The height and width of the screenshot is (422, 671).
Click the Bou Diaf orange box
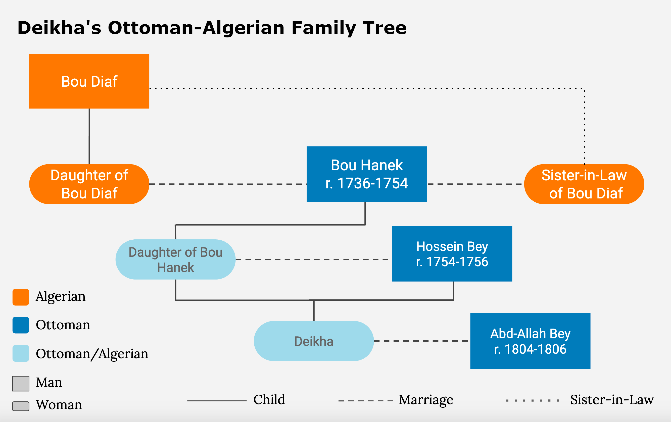coord(89,81)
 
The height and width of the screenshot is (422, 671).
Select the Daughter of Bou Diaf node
coord(89,184)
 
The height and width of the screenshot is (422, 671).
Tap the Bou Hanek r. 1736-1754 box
coord(366,174)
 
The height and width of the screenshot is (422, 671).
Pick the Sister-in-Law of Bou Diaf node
coord(584,184)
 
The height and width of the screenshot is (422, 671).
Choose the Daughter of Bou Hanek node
coord(176,259)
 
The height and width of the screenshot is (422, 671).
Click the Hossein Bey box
coord(452,254)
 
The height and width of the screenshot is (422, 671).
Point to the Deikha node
coord(314,341)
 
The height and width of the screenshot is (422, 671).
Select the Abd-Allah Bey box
coord(530,341)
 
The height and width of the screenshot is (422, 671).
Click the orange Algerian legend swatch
coord(21,297)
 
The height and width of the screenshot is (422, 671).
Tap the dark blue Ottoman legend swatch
coord(21,325)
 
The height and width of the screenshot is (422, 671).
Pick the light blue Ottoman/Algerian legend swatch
coord(21,353)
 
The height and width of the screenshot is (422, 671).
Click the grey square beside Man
coord(21,384)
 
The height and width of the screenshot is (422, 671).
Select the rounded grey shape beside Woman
coord(21,406)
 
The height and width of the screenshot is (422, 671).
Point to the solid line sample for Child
coord(217,401)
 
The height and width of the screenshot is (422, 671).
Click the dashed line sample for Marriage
coord(366,401)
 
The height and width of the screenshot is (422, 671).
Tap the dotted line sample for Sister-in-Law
coord(533,401)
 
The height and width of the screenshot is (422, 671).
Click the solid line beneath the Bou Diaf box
coord(89,136)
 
